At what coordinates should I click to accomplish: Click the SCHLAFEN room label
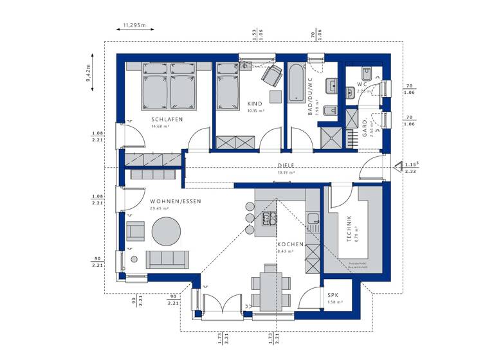coord(167,119)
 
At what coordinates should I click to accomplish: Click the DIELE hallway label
coord(286,165)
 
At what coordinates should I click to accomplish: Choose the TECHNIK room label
coord(348,228)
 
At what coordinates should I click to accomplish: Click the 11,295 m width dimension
coord(134,26)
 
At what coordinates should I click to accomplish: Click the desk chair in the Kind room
coord(271,74)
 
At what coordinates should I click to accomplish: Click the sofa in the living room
coord(167,259)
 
